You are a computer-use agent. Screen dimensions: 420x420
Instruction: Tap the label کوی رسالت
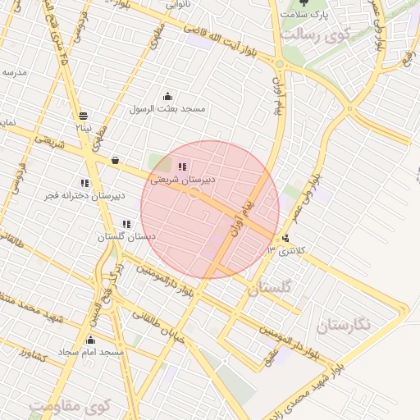(315, 34)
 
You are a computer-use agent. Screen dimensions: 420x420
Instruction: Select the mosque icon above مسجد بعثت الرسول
(167, 96)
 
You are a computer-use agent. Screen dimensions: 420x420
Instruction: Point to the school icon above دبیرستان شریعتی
(182, 167)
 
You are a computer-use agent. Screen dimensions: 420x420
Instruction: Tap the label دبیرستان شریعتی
(183, 178)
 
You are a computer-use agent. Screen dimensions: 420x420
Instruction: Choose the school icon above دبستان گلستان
(126, 224)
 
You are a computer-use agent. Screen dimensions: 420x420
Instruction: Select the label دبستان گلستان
(126, 236)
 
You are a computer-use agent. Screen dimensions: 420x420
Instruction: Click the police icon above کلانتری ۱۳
(285, 239)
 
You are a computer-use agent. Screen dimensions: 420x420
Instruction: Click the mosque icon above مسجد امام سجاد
(90, 340)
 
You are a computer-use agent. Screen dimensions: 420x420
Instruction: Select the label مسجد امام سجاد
(90, 352)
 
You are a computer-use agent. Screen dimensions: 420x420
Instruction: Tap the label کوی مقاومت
(70, 405)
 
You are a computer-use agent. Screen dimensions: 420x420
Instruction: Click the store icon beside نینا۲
(84, 116)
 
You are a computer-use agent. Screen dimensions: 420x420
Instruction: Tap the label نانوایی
(179, 4)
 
